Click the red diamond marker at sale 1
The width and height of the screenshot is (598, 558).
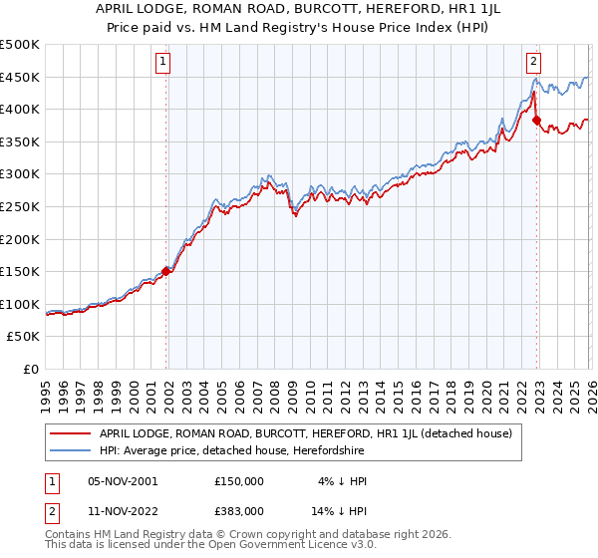[166, 271]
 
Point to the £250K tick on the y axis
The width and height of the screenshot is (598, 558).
[21, 206]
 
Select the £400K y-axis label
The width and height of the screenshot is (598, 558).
[21, 110]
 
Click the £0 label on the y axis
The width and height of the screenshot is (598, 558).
[32, 369]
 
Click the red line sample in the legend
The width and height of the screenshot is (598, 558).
[72, 433]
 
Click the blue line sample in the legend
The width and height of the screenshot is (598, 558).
[72, 451]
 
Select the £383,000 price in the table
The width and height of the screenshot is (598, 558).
[239, 510]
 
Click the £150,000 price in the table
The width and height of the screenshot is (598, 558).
[239, 480]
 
